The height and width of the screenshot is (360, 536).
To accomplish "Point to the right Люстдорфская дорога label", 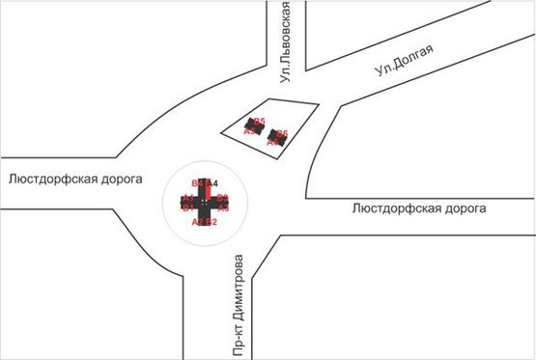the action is (419, 208).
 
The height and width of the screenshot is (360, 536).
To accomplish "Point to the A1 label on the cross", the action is (187, 198).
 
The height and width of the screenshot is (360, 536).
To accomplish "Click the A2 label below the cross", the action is (198, 223).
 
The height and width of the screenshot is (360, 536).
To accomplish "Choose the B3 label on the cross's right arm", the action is (223, 198).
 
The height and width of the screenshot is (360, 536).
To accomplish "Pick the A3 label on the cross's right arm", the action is (223, 208).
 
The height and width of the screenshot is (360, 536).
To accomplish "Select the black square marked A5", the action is (255, 125).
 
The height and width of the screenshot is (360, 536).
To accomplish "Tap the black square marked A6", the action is (279, 137).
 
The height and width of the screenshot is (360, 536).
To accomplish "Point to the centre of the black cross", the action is (205, 203).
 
